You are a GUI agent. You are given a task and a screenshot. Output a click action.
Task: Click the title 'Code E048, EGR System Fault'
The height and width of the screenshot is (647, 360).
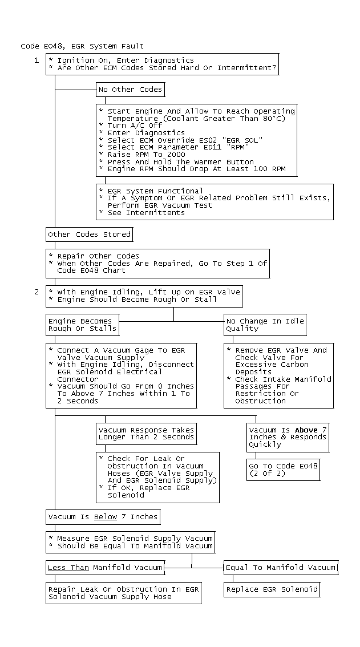[82, 46]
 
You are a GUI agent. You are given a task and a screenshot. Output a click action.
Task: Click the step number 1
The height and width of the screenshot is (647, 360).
[37, 60]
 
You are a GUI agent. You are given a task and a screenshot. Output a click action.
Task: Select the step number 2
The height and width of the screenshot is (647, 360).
[37, 292]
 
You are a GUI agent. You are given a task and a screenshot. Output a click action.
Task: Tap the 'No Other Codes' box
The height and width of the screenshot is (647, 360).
[131, 90]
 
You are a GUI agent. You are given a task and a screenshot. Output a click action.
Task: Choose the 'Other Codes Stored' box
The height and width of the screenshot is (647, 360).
[90, 234]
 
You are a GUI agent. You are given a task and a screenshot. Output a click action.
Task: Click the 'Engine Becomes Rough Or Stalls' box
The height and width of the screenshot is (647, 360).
[82, 325]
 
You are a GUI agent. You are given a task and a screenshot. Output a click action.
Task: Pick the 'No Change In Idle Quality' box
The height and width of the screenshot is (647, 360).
[265, 325]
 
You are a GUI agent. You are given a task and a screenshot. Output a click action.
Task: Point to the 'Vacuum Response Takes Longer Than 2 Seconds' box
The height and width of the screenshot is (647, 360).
[146, 434]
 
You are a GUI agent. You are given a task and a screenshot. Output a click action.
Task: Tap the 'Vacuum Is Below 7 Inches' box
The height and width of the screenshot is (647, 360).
[103, 517]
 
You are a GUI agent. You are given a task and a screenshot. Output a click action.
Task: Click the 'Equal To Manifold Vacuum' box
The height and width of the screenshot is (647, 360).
[280, 568]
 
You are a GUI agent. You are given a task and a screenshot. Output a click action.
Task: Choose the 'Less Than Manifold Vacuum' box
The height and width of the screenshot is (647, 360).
[105, 568]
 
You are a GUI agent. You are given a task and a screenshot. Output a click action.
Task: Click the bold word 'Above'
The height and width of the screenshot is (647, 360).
[306, 430]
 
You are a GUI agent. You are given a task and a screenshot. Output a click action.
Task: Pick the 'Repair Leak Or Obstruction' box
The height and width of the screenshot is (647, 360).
[124, 593]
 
